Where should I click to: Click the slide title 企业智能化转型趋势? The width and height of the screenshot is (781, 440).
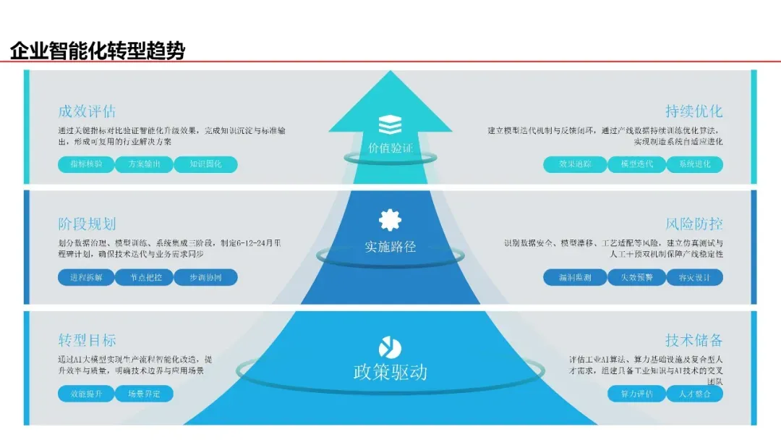point(98,51)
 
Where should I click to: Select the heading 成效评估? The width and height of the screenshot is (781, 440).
point(87,111)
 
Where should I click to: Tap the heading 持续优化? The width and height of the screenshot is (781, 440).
point(693,111)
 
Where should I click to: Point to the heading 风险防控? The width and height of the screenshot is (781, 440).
point(693,224)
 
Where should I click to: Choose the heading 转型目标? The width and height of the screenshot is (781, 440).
point(87,340)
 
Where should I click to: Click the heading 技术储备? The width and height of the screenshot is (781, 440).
point(693,340)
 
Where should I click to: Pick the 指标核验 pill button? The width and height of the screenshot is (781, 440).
point(86,164)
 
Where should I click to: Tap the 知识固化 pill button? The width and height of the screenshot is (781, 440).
point(205,164)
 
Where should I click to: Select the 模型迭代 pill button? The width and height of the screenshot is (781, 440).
point(631,164)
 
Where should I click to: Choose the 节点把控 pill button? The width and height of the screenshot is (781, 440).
point(145,277)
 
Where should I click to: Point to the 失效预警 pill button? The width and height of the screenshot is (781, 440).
point(631,277)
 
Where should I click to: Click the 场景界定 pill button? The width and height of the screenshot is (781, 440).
point(145,394)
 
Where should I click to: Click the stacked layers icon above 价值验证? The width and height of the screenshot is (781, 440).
point(390,124)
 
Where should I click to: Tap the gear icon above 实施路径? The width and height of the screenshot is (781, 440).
point(390,219)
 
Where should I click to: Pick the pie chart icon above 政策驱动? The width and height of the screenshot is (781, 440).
point(390,347)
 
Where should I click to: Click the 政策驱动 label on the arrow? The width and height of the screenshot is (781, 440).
point(390,372)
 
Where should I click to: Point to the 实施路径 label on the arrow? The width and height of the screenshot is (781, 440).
point(390,246)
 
